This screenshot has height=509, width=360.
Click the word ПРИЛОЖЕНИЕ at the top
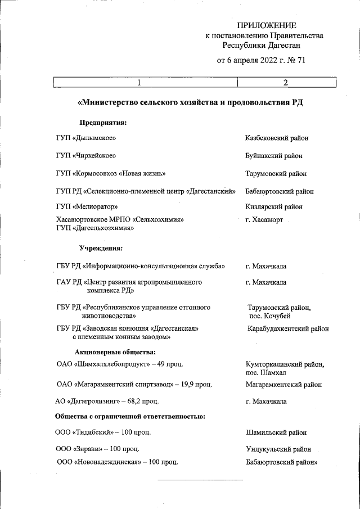(266, 25)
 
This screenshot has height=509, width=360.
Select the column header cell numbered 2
(286, 83)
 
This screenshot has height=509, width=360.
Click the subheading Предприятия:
(102, 122)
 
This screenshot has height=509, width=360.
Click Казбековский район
(276, 138)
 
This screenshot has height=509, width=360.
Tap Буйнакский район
(274, 156)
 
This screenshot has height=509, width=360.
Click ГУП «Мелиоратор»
(87, 206)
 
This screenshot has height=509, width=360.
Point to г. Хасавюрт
(264, 219)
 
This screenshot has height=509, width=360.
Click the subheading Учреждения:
(101, 248)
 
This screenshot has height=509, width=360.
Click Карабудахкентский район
(288, 329)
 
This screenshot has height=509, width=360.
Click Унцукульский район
(278, 449)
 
